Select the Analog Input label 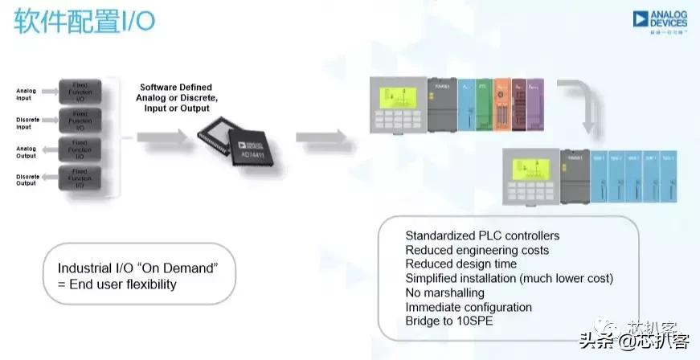(x=27, y=93)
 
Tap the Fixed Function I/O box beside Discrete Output (x=80, y=178)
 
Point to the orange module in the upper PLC (x=501, y=105)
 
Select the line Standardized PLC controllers (x=482, y=236)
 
